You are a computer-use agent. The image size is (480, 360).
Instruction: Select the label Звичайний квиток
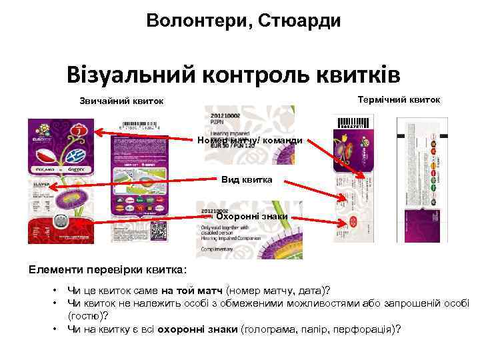click(x=121, y=101)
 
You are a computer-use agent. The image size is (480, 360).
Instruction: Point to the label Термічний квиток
click(x=399, y=99)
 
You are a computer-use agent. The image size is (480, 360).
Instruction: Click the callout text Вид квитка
click(x=247, y=180)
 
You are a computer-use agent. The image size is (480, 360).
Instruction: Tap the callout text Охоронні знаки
click(x=252, y=216)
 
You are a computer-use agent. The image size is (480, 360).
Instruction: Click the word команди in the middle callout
click(x=279, y=140)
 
